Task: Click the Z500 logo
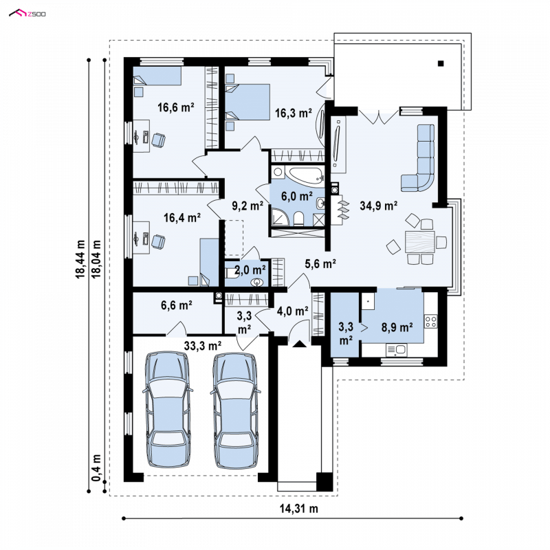(x=27, y=14)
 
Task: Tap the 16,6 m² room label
(x=176, y=107)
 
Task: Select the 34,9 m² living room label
(x=379, y=206)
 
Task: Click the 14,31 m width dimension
(x=299, y=508)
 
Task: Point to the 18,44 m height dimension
(x=80, y=259)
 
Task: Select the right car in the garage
(x=236, y=410)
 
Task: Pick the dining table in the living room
(x=420, y=242)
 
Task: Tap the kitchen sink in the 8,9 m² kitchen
(x=397, y=350)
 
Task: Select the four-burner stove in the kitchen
(x=431, y=321)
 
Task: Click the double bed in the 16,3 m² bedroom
(x=247, y=101)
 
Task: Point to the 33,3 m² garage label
(x=203, y=346)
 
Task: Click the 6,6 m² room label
(x=177, y=305)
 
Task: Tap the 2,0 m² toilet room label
(x=250, y=269)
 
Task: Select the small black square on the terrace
(x=441, y=63)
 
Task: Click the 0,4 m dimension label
(x=96, y=468)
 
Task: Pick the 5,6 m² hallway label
(x=320, y=264)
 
